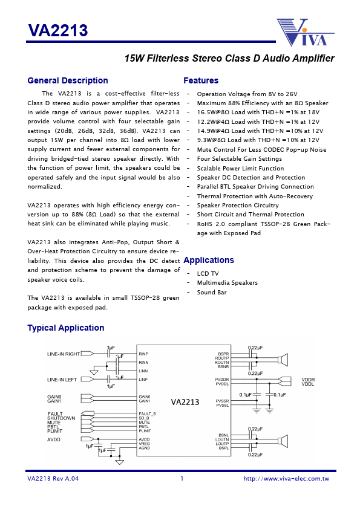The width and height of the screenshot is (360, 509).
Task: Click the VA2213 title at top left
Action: point(57,30)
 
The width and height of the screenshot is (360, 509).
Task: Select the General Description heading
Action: point(68,81)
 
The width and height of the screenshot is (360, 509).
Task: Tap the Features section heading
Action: point(201,81)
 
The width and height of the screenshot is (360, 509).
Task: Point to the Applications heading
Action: point(209,260)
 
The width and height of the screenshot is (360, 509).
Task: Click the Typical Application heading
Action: point(66,328)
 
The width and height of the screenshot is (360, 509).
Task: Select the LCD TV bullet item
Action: point(208,274)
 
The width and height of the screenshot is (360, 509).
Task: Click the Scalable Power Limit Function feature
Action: point(240,169)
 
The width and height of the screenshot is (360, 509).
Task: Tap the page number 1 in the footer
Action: point(182,479)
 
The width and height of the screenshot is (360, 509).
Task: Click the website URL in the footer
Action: point(286,479)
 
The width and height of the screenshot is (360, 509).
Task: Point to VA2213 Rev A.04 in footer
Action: point(53,479)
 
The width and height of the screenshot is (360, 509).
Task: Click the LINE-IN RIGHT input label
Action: point(64,354)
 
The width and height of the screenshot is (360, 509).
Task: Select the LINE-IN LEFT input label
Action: point(62,379)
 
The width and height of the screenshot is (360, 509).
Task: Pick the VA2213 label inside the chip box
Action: point(185,402)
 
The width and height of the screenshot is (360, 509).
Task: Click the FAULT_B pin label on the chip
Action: point(147,413)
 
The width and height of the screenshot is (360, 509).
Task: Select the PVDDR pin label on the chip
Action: point(222,379)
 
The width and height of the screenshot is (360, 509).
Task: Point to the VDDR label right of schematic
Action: point(308,379)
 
